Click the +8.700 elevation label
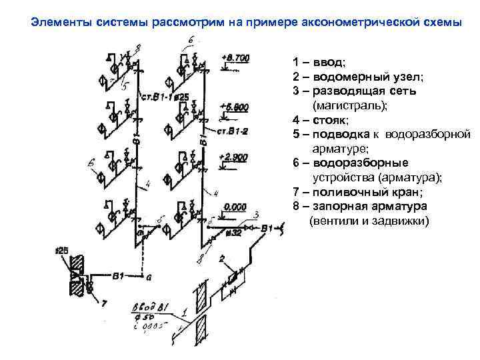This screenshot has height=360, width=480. pyautogui.click(x=237, y=59)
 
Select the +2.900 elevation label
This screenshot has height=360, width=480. pyautogui.click(x=233, y=157)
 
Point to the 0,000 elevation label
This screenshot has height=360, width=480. pyautogui.click(x=236, y=207)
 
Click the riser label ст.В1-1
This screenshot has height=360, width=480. pyautogui.click(x=157, y=97)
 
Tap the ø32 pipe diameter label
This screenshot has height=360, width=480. pyautogui.click(x=233, y=233)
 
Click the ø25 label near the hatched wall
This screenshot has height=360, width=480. pyautogui.click(x=62, y=250)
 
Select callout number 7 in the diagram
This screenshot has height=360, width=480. pyautogui.click(x=103, y=303)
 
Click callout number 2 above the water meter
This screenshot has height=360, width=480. pyautogui.click(x=221, y=257)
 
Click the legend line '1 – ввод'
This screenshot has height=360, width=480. pyautogui.click(x=319, y=63)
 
